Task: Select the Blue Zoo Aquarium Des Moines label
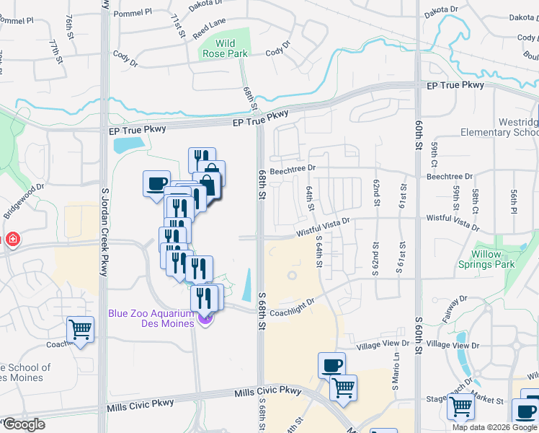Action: [151, 318]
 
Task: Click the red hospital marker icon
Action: [12, 240]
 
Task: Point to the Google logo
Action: [23, 424]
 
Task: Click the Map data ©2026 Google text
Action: [495, 427]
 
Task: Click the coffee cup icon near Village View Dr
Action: [331, 365]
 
